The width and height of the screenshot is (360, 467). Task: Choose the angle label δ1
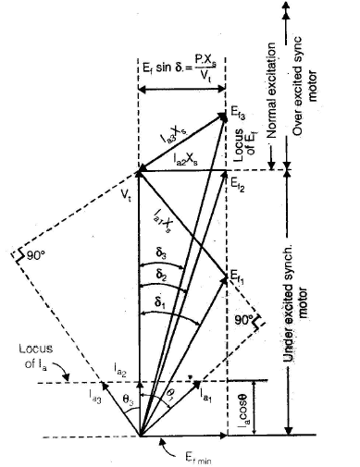pos(163,301)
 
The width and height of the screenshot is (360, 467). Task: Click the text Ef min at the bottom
pos(183,457)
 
